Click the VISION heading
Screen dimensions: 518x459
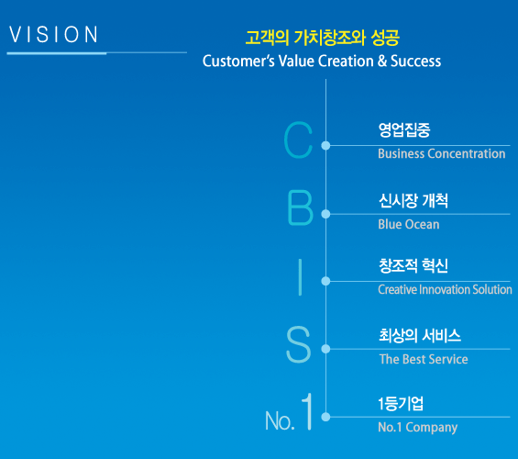(x=53, y=34)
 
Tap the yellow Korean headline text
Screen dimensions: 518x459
(x=323, y=38)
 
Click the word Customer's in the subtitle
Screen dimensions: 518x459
(x=238, y=61)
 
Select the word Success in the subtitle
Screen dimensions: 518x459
(x=415, y=61)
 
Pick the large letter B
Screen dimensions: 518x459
(x=300, y=208)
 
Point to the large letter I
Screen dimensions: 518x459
(x=300, y=277)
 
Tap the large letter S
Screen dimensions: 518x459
(x=298, y=344)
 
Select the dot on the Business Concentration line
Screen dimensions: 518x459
(x=325, y=146)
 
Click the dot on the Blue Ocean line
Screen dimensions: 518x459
(x=325, y=214)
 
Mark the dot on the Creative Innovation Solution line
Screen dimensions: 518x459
(x=325, y=281)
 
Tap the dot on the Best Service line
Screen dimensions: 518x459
(x=325, y=349)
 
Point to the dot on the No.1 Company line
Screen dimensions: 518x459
(x=325, y=417)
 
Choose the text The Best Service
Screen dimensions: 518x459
(x=424, y=359)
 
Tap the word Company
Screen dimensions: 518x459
(x=432, y=427)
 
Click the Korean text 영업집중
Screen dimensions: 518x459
(x=404, y=130)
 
